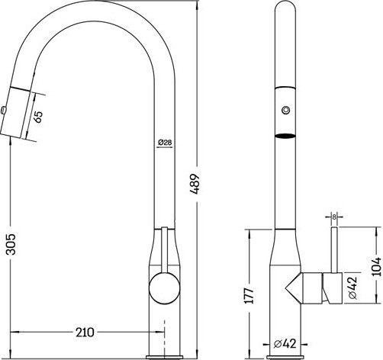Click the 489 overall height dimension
click(195, 184)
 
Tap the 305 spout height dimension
click(11, 244)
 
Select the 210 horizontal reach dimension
click(85, 332)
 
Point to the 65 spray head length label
click(38, 117)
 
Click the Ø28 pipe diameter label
click(165, 143)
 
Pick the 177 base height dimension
click(249, 296)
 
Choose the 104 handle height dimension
click(377, 268)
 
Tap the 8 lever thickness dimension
click(334, 217)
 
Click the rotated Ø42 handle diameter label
click(353, 288)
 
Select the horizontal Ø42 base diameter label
click(285, 344)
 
